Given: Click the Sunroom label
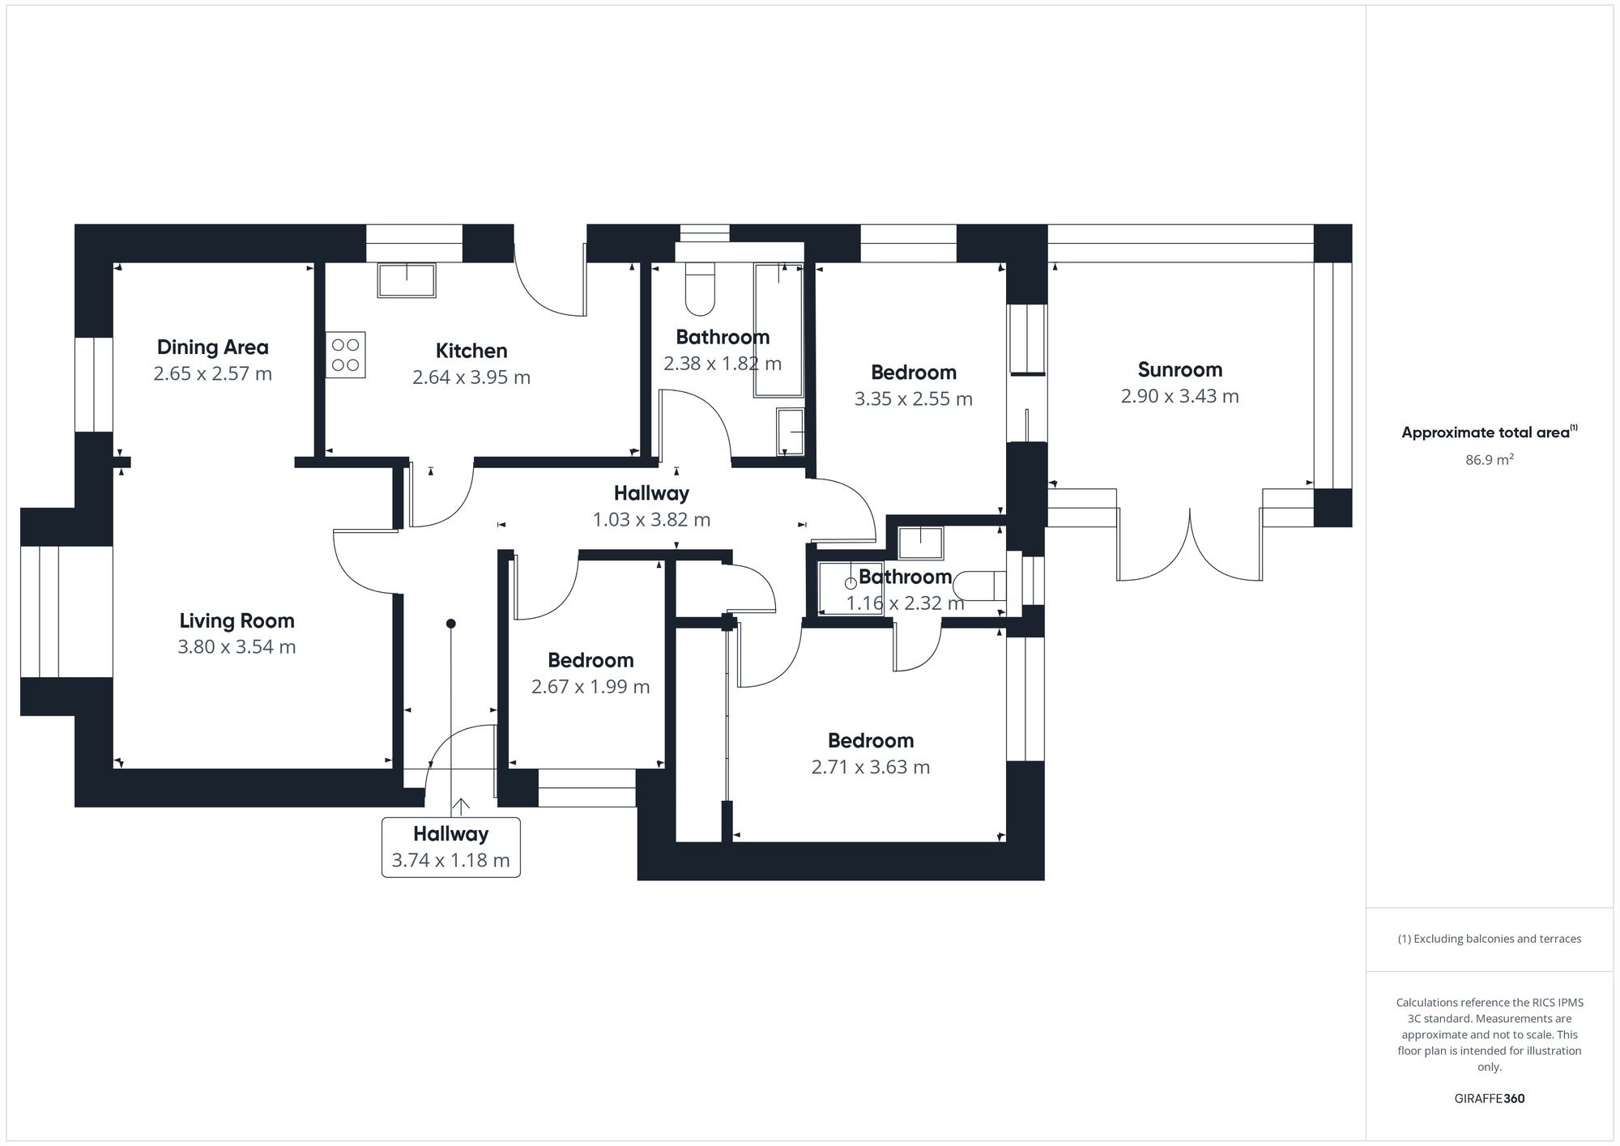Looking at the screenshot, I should coord(1179,370).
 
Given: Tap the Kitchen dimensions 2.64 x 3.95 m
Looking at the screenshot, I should coord(471,377).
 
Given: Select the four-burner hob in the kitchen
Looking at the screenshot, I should coord(346,355).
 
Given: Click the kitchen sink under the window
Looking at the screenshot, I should coord(407,279).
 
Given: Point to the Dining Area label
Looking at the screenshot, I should coord(212,347).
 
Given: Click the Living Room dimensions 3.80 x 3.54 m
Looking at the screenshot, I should coord(237,647).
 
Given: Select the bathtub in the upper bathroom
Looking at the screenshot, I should coord(778,330).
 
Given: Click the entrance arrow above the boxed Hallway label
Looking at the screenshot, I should coord(461,806).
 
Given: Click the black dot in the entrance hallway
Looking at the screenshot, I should coord(451,624).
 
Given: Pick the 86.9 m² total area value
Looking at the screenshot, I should coord(1489,460).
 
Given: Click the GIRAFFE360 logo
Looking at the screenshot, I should coord(1489,1099).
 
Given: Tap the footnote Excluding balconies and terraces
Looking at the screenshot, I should coord(1489,939).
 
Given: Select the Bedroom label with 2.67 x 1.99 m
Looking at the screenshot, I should coord(590,660).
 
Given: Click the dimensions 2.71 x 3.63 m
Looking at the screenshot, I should coord(870,767).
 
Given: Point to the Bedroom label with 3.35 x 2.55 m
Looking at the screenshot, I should coord(913,373).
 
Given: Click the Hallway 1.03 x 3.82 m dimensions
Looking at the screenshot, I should coord(651,520).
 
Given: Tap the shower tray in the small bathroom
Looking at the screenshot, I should coord(849,587).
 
